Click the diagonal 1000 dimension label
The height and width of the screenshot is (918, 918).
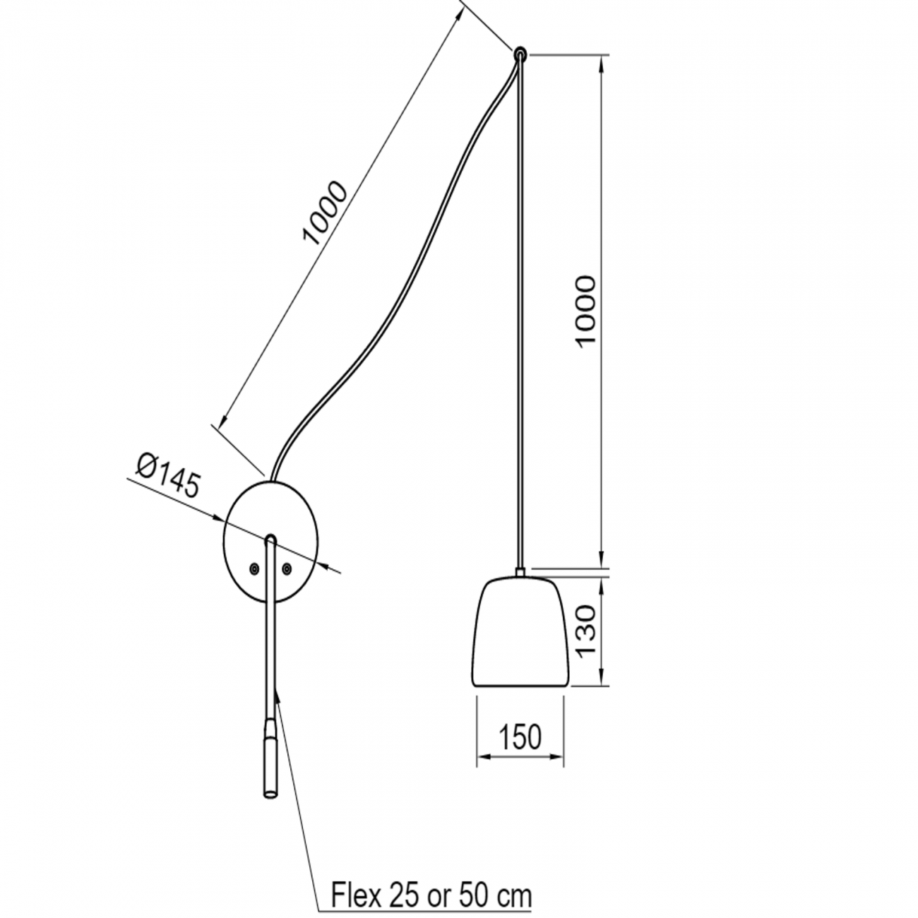point(325,213)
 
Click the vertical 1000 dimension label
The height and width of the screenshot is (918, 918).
point(586,311)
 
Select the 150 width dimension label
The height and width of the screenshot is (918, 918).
point(521,737)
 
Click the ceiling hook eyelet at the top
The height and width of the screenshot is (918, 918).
point(520,53)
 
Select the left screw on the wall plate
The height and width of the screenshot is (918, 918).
point(253,568)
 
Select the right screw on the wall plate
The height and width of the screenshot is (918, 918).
point(287,568)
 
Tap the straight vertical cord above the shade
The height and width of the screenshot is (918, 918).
point(521,318)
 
